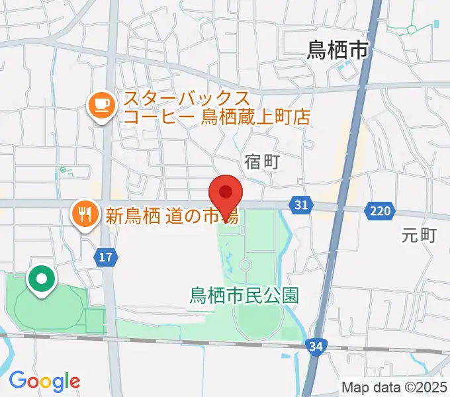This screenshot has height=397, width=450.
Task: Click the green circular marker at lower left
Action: click(42, 280)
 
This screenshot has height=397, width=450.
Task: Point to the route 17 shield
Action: click(106, 256)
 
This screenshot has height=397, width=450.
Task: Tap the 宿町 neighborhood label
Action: click(263, 162)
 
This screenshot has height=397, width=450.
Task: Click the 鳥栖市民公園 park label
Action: click(244, 294)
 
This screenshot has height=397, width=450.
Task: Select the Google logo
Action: click(44, 381)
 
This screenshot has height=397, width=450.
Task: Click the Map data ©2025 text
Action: click(395, 387)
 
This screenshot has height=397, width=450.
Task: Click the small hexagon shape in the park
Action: click(246, 265)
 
